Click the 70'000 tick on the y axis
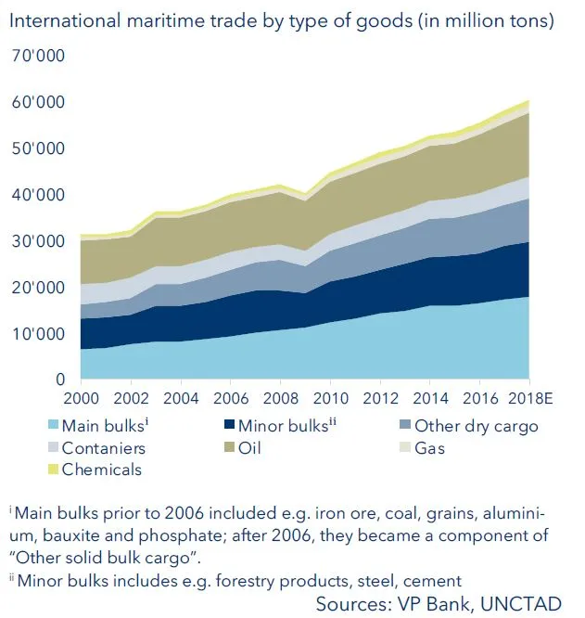(39, 57)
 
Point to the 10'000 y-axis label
(39, 334)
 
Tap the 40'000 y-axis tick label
(39, 195)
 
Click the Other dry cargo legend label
(476, 427)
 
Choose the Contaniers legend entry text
(103, 448)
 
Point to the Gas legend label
(428, 448)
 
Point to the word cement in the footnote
(433, 581)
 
